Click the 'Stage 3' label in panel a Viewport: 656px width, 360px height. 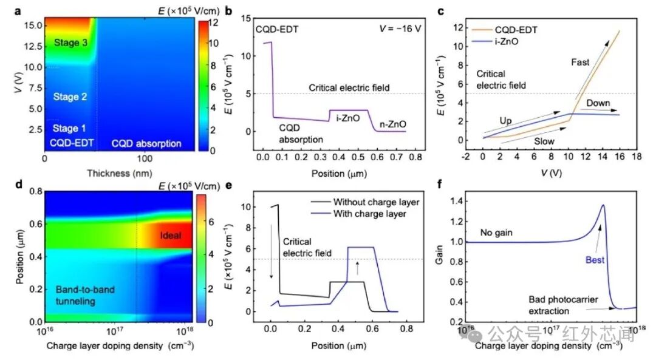pos(70,42)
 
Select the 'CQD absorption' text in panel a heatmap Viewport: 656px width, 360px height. pos(146,144)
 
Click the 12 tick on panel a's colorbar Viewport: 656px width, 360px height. pos(213,22)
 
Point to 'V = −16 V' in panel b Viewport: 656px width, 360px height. pos(400,29)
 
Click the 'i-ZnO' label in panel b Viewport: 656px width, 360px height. pos(347,118)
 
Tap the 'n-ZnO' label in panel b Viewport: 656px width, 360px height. pos(393,124)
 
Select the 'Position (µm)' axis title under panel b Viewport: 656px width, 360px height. pos(339,174)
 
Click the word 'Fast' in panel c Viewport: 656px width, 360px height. pos(580,63)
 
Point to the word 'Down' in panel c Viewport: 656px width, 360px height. pos(598,103)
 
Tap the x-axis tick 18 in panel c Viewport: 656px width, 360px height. pos(637,157)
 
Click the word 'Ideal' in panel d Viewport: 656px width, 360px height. pos(171,236)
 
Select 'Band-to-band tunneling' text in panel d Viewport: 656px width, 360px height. pos(85,295)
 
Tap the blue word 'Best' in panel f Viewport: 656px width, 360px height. pos(595,260)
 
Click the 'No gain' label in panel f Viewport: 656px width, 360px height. pos(496,233)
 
